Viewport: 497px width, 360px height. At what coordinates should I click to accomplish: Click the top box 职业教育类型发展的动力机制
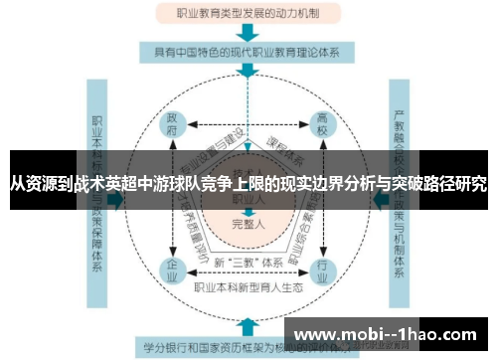tap(248, 14)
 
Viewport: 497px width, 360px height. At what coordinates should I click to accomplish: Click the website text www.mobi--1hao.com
tap(388, 333)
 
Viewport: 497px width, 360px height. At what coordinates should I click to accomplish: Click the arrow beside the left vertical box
tap(118, 200)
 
